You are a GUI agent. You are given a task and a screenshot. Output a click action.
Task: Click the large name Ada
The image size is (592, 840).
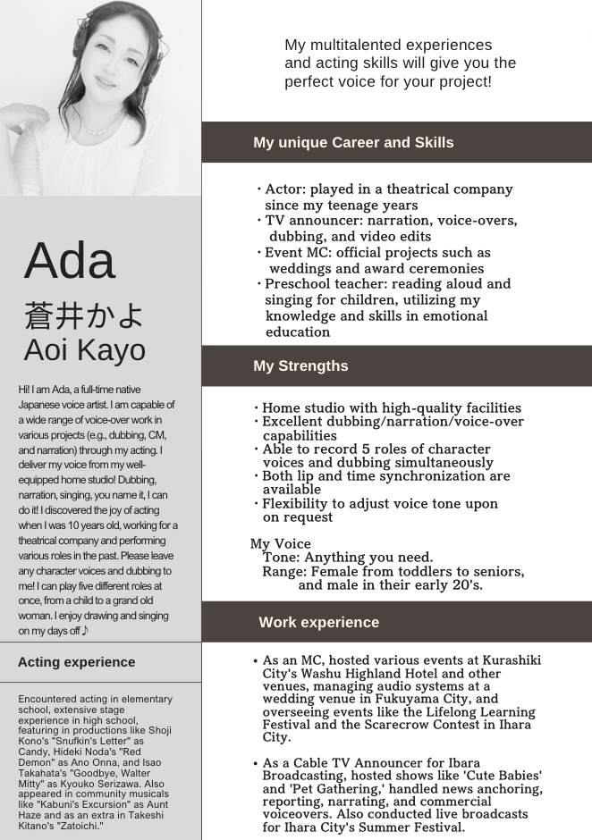[x=70, y=261]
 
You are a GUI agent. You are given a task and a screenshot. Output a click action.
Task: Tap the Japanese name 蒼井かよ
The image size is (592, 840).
[x=83, y=315]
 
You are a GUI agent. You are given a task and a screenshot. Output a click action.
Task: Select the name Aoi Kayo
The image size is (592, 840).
[x=84, y=349]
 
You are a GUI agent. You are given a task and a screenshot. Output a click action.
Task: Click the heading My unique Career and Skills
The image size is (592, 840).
[x=353, y=142]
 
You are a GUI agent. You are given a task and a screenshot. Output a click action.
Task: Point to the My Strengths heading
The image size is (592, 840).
[x=300, y=365]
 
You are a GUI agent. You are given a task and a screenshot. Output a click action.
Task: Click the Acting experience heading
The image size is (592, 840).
[x=76, y=662]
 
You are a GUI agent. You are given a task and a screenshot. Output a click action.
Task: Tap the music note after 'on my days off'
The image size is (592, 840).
[x=85, y=631]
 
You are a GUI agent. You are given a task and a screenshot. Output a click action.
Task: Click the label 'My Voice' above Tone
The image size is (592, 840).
[x=281, y=543]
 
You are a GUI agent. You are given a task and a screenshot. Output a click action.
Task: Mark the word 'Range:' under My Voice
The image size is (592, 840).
[x=284, y=571]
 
